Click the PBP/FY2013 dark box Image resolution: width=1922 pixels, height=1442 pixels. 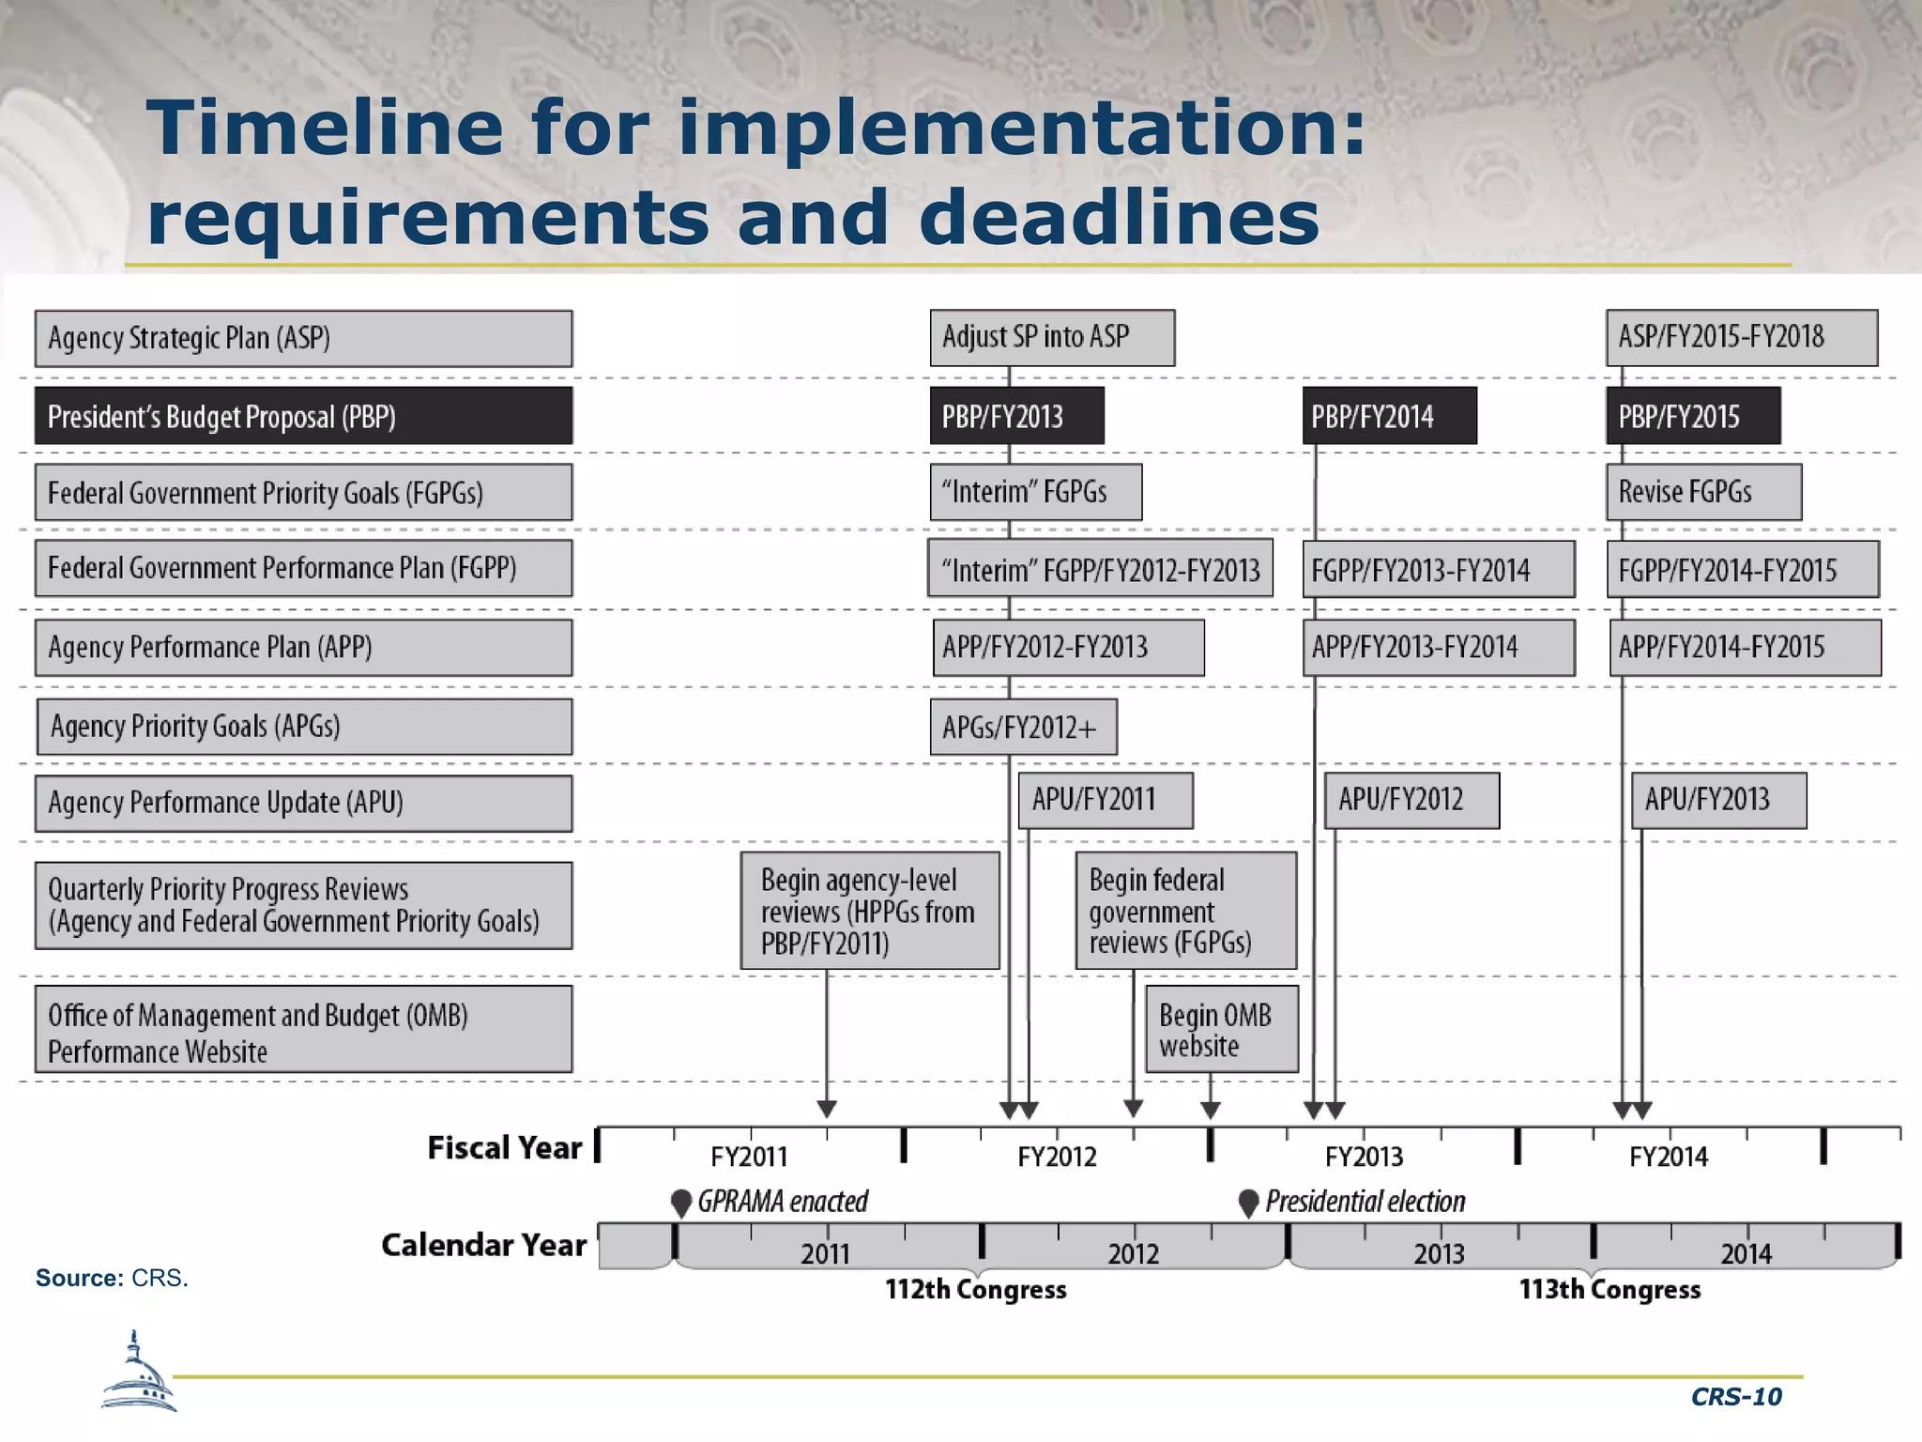(x=1016, y=416)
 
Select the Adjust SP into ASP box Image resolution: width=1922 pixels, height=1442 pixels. (x=1051, y=338)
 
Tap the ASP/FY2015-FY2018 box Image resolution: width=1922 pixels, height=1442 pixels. (x=1741, y=338)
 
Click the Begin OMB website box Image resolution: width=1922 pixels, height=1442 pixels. (x=1221, y=1029)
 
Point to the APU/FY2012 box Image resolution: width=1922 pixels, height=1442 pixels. (x=1411, y=801)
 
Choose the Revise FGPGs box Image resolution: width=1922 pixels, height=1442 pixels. (x=1702, y=492)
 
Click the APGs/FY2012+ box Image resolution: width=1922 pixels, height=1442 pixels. (x=1023, y=728)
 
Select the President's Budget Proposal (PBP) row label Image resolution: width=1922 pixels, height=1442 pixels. (x=303, y=416)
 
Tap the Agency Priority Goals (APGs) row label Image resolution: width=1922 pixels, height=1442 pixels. (x=303, y=727)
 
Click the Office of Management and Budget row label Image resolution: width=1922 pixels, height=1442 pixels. (x=303, y=1030)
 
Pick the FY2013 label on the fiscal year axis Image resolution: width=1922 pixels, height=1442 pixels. (x=1364, y=1157)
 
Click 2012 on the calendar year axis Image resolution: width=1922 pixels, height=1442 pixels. (x=1133, y=1253)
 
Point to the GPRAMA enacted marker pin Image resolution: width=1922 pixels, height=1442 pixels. (x=682, y=1203)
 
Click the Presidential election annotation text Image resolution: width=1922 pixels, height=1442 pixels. (x=1365, y=1202)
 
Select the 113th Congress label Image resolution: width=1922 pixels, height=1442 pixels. (x=1609, y=1290)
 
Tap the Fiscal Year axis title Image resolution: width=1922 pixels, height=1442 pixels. (x=504, y=1148)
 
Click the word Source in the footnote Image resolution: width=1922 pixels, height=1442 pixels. (x=79, y=1279)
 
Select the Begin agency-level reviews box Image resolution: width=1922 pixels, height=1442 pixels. (x=869, y=911)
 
